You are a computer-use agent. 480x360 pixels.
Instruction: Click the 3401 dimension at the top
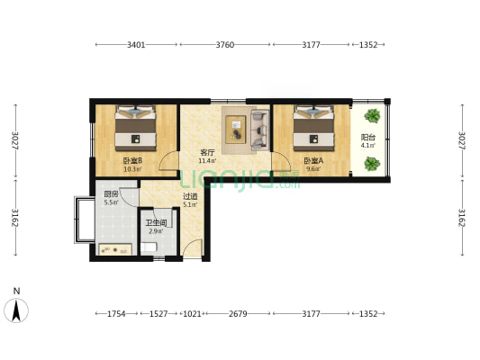[136, 45]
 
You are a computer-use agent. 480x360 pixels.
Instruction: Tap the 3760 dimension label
[225, 45]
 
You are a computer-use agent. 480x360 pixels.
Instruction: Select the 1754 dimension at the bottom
[116, 314]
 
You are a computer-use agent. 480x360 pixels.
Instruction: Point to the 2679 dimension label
[238, 314]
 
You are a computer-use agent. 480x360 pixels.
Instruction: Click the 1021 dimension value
[192, 314]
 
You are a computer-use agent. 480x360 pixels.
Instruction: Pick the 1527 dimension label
[158, 314]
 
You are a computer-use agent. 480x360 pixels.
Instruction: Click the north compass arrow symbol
[16, 310]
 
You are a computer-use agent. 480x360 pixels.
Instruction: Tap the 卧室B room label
[132, 160]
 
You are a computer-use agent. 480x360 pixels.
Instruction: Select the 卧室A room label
[313, 160]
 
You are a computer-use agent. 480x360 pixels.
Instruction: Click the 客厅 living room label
[207, 152]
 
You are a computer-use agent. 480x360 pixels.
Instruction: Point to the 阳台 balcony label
[368, 138]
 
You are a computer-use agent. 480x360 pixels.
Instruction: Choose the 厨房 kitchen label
[111, 194]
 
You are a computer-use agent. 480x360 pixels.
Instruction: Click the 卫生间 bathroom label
[156, 223]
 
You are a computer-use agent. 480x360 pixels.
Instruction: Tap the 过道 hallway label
[190, 196]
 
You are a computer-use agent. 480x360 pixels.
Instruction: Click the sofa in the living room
[259, 130]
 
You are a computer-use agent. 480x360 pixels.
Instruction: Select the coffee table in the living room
[236, 130]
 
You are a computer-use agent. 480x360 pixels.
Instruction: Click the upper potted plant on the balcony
[372, 116]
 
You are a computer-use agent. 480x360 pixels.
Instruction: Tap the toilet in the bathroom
[149, 247]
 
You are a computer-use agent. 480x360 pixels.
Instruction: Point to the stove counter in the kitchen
[115, 249]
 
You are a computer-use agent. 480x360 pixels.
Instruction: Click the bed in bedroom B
[136, 128]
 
